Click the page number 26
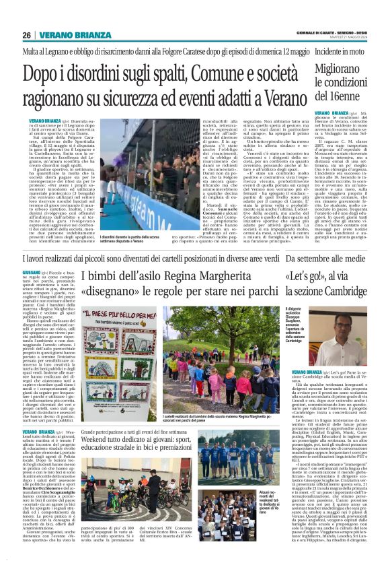click(27, 36)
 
